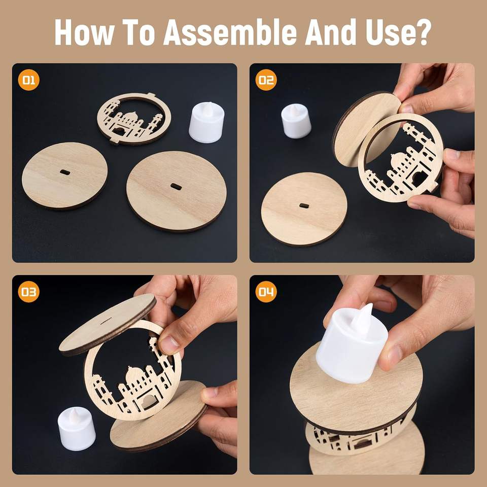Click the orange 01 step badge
[28, 80]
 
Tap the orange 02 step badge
[266, 80]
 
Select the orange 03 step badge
[28, 292]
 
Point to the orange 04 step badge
[266, 292]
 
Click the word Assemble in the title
[230, 32]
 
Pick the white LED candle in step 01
[206, 122]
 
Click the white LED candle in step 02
[296, 121]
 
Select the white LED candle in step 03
[77, 429]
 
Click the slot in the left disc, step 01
[64, 172]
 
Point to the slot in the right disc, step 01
[176, 186]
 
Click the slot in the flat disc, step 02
[304, 205]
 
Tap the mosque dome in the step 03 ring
[133, 375]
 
